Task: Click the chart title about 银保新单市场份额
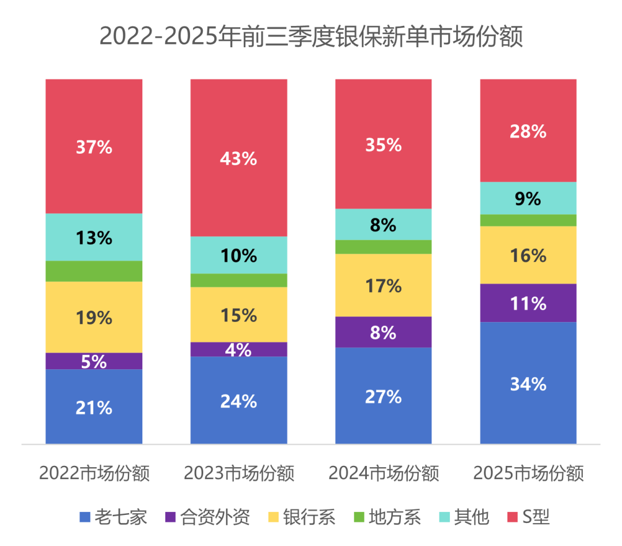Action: click(x=311, y=36)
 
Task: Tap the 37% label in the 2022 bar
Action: click(x=94, y=147)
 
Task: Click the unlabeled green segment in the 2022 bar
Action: click(x=94, y=271)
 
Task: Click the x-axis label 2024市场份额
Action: click(x=384, y=473)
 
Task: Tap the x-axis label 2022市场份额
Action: click(x=94, y=473)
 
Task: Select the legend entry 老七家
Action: click(x=113, y=517)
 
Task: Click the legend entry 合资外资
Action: click(x=207, y=517)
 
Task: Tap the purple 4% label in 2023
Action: click(x=238, y=350)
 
